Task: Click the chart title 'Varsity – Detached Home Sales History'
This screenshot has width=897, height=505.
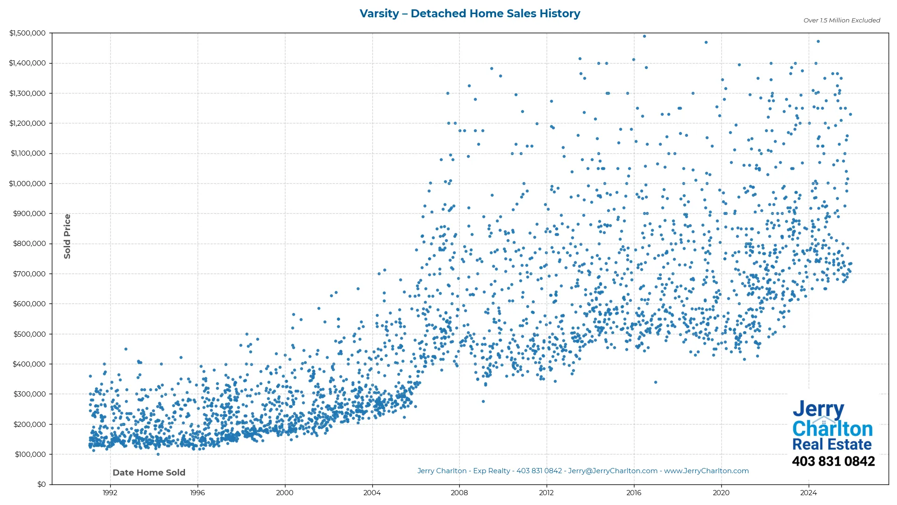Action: [470, 14]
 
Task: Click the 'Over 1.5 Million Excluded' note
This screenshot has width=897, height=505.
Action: [841, 20]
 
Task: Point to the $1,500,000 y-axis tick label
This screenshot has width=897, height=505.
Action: [28, 33]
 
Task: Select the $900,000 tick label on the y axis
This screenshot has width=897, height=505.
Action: [29, 214]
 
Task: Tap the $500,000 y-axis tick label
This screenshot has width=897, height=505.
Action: [29, 334]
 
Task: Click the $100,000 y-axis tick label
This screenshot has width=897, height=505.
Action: [30, 454]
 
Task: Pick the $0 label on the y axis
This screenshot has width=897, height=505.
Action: [42, 484]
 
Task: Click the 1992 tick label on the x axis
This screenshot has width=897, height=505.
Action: [110, 493]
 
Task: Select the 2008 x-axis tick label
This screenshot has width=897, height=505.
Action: [459, 493]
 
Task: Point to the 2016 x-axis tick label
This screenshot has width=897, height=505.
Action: [634, 493]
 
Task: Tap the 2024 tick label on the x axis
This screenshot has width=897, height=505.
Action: [808, 493]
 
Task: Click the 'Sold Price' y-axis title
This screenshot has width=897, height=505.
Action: [67, 236]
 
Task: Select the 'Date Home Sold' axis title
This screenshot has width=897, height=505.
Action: [149, 473]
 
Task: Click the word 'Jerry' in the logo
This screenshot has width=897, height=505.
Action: [818, 410]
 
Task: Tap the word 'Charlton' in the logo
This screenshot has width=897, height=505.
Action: [833, 429]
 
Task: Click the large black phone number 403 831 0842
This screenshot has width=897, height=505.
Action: [833, 462]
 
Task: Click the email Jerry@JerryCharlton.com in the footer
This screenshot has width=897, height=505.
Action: [612, 471]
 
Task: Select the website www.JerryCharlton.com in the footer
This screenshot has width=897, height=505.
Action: [706, 471]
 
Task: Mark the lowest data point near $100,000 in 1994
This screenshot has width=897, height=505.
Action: [158, 454]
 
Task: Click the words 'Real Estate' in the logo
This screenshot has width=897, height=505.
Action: [832, 444]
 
